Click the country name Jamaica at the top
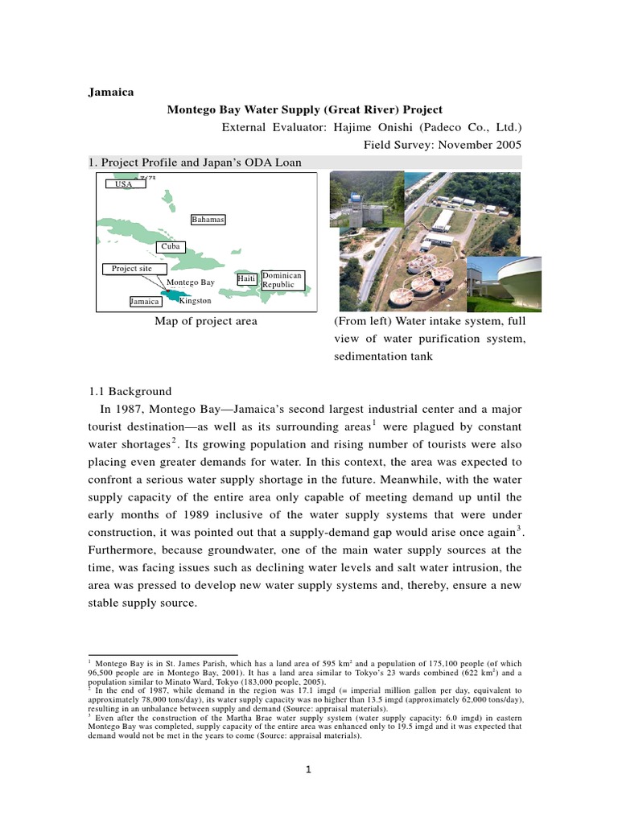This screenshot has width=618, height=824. pos(110,91)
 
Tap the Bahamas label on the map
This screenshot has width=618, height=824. pos(208,220)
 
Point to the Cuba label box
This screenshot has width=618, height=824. pos(170,247)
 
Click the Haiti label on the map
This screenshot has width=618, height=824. pos(247,278)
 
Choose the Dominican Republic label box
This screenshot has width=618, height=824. pos(282,280)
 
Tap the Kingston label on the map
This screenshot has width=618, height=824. pos(195,301)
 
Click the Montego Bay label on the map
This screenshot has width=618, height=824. pos(191,282)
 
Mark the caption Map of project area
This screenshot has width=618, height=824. pos(206,321)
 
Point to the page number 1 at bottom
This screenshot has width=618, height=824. pos(308,769)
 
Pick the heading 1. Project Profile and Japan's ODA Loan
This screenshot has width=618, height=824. pos(196,163)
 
